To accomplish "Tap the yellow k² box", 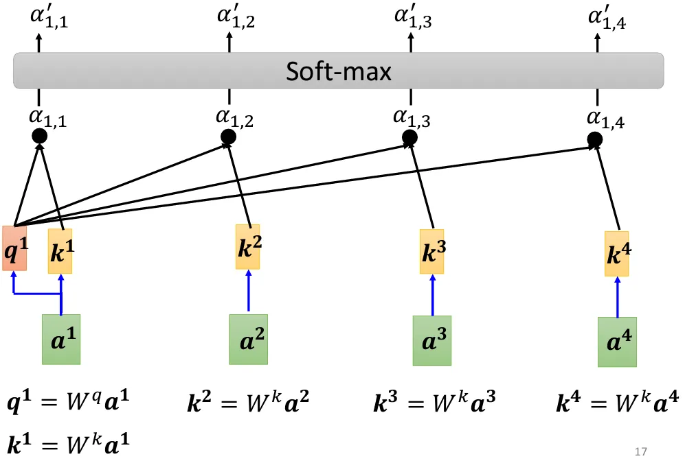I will pos(248,247).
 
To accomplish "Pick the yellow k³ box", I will pos(433,251).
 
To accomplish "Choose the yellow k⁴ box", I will pos(617,254).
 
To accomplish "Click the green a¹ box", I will pos(61,339).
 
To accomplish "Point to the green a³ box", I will pos(432,340).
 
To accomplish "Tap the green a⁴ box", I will pos(617,342).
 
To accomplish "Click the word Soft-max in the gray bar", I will pos(339,71).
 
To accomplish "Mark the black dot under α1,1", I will pos(40,137).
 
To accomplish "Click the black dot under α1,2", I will pos(229,137).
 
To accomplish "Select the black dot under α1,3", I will pos(410,139).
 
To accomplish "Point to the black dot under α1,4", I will pos(595,141).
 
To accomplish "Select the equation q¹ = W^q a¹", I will pos(67,404).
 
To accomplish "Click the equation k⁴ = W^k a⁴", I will pos(618,404).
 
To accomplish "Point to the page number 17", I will pos(642,451).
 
